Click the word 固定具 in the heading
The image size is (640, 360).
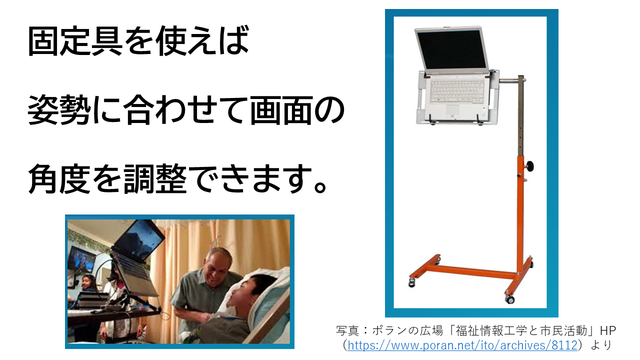tap(75, 40)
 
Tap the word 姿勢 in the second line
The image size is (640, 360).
tap(59, 110)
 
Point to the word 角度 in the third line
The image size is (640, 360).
tap(59, 179)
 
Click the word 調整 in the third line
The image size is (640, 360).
tap(155, 179)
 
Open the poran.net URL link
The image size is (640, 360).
tap(462, 345)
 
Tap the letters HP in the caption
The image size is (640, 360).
tap(607, 331)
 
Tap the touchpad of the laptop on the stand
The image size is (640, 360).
tap(452, 110)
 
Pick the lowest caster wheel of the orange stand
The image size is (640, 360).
tap(509, 299)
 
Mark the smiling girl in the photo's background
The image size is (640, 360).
tap(87, 283)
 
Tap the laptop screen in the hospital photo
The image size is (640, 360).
tap(139, 239)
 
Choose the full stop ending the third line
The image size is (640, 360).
tap(319, 187)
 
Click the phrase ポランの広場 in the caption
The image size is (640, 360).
tap(407, 331)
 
